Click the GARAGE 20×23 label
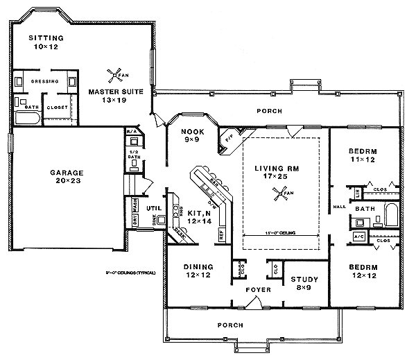click(67, 177)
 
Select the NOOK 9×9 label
click(191, 135)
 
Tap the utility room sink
click(160, 221)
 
